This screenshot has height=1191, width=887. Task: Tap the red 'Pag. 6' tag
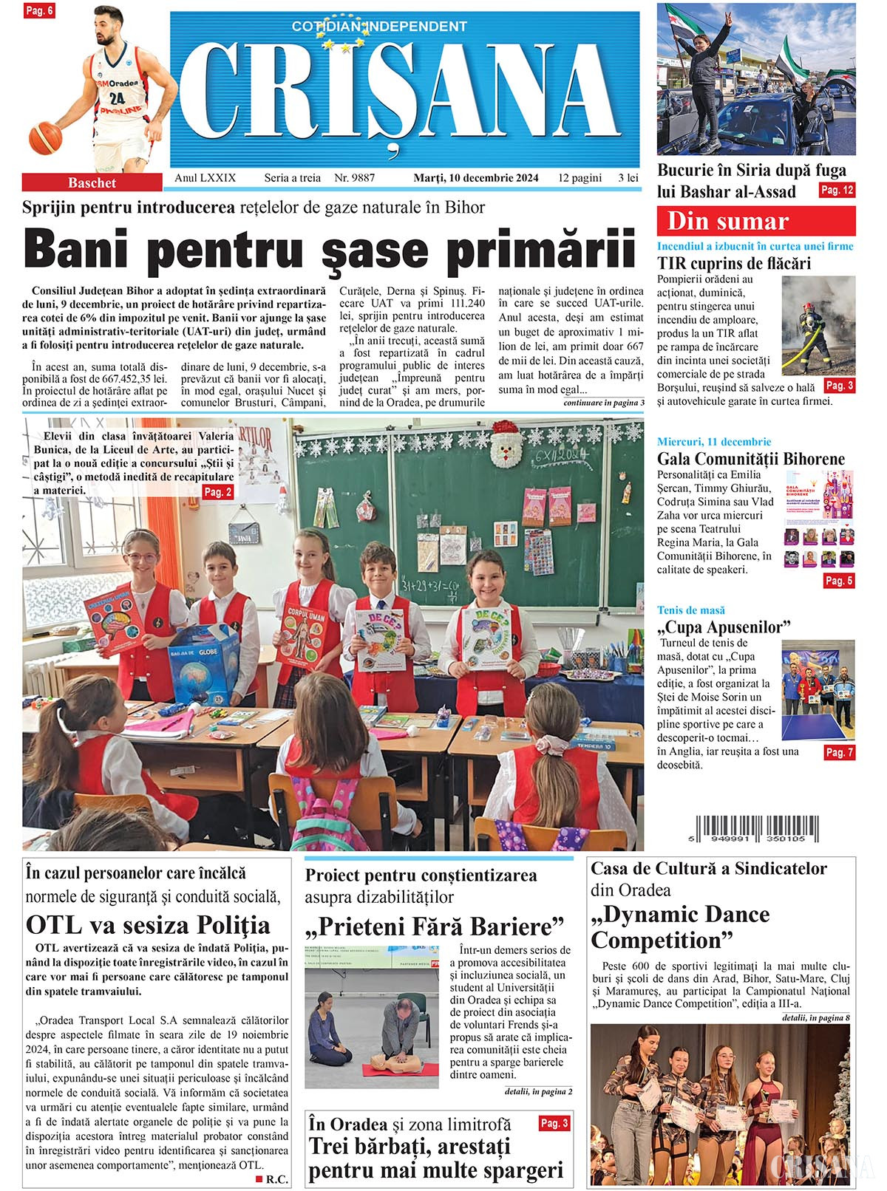(39, 11)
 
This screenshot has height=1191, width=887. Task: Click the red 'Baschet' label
(92, 182)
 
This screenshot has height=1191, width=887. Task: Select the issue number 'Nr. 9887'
(354, 178)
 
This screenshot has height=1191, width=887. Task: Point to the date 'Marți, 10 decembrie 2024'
(475, 178)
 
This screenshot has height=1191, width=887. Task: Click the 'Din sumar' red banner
(755, 221)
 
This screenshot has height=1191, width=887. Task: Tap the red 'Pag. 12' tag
(837, 191)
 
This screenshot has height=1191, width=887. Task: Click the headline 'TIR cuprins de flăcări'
(733, 263)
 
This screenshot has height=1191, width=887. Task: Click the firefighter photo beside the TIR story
(818, 327)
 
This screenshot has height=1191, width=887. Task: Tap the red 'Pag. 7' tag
(839, 752)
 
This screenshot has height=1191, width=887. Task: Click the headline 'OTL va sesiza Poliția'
(148, 925)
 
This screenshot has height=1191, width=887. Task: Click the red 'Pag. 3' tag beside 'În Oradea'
(554, 1123)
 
